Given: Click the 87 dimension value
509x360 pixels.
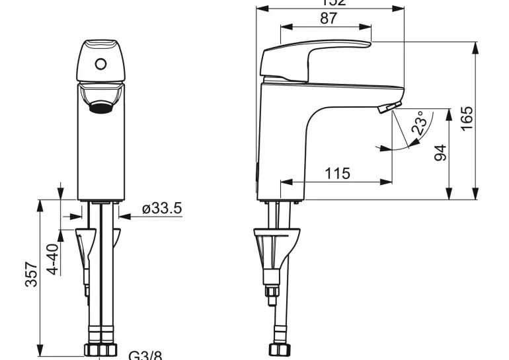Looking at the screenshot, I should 329,18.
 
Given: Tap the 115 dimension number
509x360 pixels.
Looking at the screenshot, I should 337,173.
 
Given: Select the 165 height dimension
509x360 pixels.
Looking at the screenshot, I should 467,119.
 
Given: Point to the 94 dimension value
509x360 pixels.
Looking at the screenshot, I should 440,153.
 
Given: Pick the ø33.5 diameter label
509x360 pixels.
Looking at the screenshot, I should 161,209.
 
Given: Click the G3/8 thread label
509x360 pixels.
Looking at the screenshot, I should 144,355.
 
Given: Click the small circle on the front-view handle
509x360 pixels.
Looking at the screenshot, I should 100,64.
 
